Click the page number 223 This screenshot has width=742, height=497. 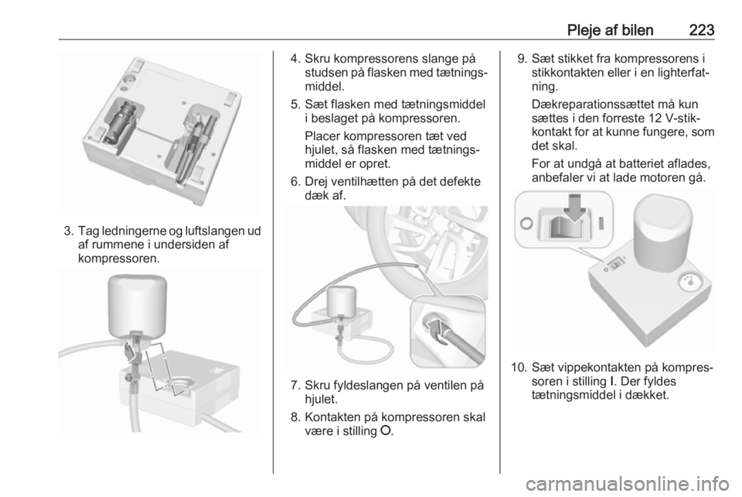coord(701,30)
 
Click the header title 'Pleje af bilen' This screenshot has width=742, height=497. coord(610,30)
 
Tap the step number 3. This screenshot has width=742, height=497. coord(69,231)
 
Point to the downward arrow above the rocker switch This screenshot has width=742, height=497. coord(574,207)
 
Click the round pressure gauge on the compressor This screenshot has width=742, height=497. coord(689,283)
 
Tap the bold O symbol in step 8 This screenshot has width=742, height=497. coord(386,431)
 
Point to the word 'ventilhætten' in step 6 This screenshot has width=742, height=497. coord(372,182)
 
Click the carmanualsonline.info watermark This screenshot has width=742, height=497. coord(628,484)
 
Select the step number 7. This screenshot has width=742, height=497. coord(296,386)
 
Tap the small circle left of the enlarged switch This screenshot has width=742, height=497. coord(526,223)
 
